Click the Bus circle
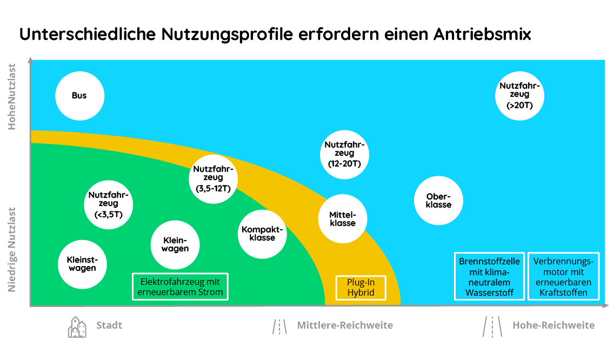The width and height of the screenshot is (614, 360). coord(80,96)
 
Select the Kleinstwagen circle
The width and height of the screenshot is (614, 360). coord(82,264)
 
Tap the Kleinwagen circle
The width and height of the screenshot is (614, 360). coord(175,245)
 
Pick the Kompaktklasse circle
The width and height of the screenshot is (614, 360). coord(262,234)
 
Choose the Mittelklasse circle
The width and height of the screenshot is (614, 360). coord(343,218)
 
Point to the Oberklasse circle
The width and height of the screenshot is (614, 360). coord(438,201)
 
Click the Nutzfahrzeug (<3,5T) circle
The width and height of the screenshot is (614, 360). coord(109,204)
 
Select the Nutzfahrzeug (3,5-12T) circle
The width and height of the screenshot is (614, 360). coord(213,179)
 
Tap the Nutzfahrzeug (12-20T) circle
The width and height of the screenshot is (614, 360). coord(345,155)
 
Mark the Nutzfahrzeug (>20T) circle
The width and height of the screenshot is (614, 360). coord(519,96)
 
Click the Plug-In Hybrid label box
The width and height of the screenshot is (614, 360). coord(361,288)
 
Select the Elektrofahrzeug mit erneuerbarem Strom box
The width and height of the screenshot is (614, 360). coord(180,286)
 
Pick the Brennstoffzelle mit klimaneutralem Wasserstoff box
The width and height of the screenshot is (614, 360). coord(490,276)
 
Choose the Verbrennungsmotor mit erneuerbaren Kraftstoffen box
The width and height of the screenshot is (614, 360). coord(564,276)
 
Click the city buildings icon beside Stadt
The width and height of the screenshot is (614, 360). coord(77,327)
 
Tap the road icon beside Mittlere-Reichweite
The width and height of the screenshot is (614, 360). coord(279,326)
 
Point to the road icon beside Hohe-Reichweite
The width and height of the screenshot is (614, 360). coord(492,326)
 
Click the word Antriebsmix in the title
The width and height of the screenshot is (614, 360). coord(482,34)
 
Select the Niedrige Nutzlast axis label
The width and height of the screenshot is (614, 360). coord(12,250)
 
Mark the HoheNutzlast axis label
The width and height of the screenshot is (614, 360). coord(12,97)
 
